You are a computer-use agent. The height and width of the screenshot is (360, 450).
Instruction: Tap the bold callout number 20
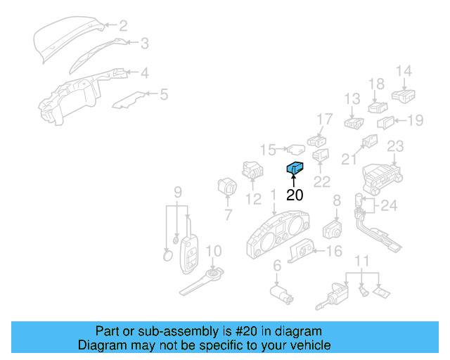click(295, 195)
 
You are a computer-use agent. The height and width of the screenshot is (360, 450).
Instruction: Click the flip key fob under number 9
click(190, 254)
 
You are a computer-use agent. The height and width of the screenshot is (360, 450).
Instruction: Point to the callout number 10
click(213, 251)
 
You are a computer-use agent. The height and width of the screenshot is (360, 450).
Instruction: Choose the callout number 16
click(335, 251)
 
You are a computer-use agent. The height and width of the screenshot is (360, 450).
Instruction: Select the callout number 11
click(361, 262)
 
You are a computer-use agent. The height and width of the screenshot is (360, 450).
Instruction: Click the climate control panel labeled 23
click(380, 175)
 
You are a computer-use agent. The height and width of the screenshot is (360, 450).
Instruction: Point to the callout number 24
click(389, 206)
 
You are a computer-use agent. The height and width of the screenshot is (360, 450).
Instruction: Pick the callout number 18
click(376, 84)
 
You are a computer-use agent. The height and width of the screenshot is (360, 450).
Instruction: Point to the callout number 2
click(122, 26)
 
